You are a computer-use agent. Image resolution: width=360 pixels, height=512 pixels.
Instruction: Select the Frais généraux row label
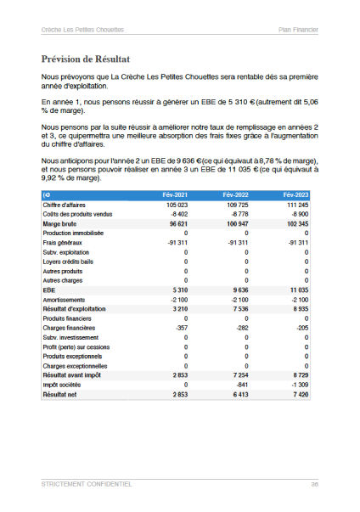pos(62,242)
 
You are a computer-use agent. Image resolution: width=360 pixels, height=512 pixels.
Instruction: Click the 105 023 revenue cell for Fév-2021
pos(176,205)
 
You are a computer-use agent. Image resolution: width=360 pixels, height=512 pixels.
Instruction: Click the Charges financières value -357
pos(179,328)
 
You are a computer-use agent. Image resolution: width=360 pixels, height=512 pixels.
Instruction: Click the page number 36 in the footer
pos(314,484)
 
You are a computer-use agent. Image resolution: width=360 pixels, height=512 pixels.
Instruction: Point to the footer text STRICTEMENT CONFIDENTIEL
pos(86,484)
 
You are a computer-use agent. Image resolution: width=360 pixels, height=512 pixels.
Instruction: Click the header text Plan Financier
pos(298,30)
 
